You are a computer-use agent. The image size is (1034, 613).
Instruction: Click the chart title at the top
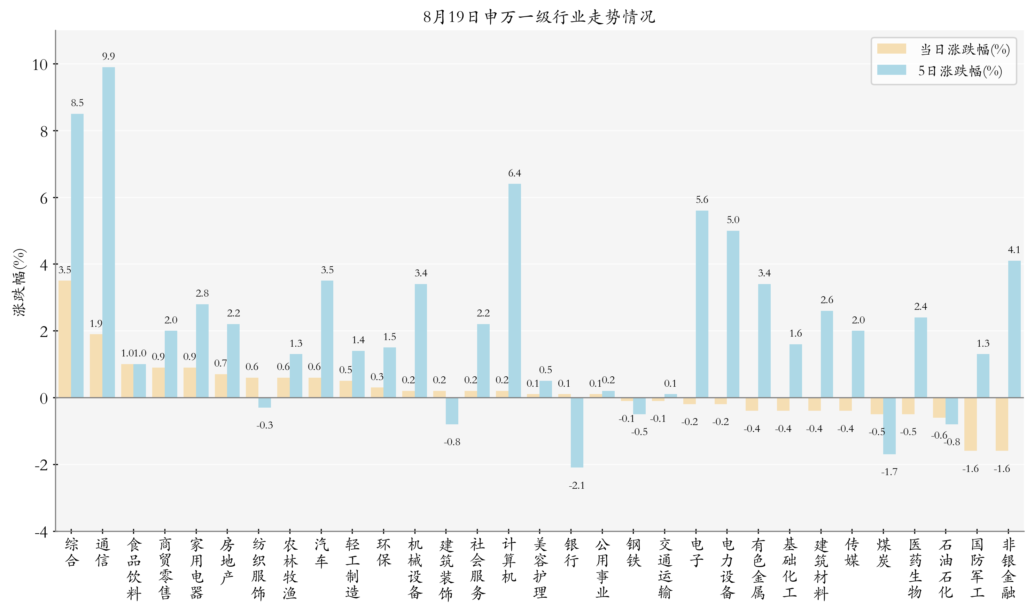click(x=539, y=17)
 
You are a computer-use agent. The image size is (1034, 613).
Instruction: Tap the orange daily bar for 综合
click(x=64, y=339)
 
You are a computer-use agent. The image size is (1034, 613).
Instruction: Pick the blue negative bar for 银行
click(x=577, y=432)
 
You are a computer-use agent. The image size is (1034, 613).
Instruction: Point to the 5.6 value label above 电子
click(x=702, y=200)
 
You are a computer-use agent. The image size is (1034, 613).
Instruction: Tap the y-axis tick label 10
click(x=40, y=65)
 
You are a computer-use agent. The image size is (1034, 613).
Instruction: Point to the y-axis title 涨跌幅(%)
click(x=20, y=282)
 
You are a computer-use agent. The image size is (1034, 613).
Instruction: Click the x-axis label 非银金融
click(x=1008, y=568)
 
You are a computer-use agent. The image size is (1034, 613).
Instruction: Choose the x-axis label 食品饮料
click(x=133, y=568)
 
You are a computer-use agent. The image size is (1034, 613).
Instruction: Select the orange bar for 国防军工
click(x=970, y=424)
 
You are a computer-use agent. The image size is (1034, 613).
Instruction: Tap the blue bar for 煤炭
click(x=889, y=426)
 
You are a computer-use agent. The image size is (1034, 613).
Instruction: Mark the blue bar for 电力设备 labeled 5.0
click(x=733, y=314)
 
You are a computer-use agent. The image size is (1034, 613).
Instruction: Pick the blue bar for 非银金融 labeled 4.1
click(x=1014, y=329)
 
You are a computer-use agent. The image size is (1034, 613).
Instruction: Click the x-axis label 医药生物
click(x=915, y=568)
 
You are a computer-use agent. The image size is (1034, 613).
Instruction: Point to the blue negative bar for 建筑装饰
click(x=452, y=411)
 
